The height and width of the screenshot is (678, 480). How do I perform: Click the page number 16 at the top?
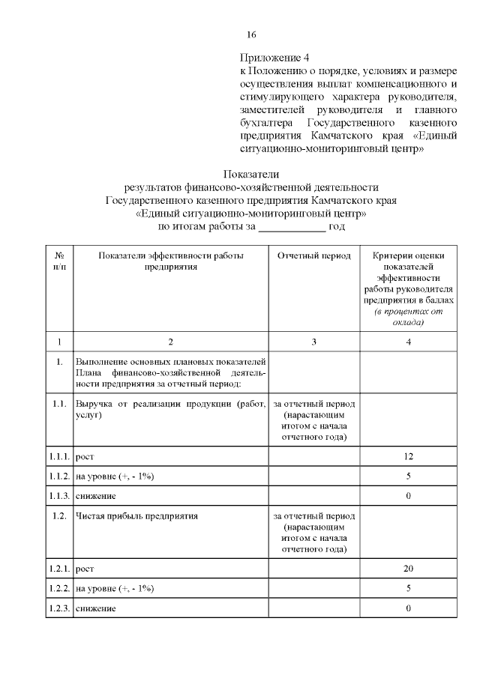pos(252,35)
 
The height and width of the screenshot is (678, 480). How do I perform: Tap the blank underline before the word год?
pos(292,226)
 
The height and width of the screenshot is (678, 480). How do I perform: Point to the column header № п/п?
pos(59,261)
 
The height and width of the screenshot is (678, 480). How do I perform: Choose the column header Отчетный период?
pos(313,256)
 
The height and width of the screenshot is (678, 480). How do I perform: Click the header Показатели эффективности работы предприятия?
pos(170,261)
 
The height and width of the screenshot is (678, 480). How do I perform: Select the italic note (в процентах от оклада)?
pos(408,316)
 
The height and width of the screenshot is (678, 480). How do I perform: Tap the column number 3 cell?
pos(313,342)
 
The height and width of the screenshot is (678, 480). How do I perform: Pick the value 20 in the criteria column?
pos(408,569)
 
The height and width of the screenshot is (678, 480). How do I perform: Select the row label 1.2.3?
pos(59,608)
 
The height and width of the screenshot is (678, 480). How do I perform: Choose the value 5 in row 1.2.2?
pos(408,588)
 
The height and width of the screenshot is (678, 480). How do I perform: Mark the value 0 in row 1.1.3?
pos(408,496)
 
